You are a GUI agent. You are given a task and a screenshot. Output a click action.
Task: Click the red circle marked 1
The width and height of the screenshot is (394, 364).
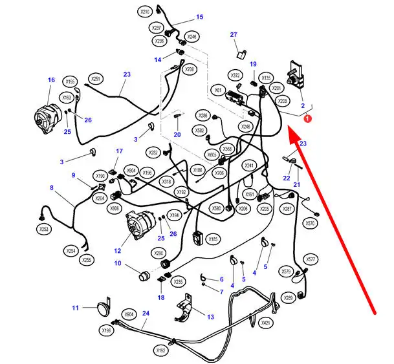pos(308,118)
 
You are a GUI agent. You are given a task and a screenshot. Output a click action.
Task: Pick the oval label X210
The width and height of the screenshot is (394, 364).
pos(145,12)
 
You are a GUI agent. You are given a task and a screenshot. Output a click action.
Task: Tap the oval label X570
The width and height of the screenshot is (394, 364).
pos(310,223)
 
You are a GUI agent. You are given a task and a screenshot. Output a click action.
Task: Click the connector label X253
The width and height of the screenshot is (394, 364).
pos(43,229)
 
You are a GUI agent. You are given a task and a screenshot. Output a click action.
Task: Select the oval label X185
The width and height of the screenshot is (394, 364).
pos(212,239)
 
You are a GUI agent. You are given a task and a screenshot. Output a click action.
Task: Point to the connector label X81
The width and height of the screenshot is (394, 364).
pos(218,91)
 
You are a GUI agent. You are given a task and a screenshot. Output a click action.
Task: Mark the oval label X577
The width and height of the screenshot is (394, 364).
pos(311,259)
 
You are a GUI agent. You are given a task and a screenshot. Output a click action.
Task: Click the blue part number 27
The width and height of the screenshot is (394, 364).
pos(234,34)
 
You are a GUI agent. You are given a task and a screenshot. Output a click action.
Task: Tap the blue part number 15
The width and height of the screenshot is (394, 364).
pos(199,17)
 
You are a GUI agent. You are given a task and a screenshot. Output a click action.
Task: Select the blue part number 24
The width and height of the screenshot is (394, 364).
pos(146,313)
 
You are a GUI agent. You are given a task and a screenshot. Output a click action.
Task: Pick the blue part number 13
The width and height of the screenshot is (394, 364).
pos(210,317)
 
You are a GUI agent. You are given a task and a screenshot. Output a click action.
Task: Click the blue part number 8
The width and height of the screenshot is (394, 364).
pos(51,188)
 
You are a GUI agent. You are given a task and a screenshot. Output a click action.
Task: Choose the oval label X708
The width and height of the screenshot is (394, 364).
pos(190,69)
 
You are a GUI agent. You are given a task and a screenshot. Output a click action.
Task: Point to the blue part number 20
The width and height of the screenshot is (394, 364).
pos(177,134)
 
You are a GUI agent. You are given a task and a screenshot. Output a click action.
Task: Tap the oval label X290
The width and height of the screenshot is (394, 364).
pos(159,253)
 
